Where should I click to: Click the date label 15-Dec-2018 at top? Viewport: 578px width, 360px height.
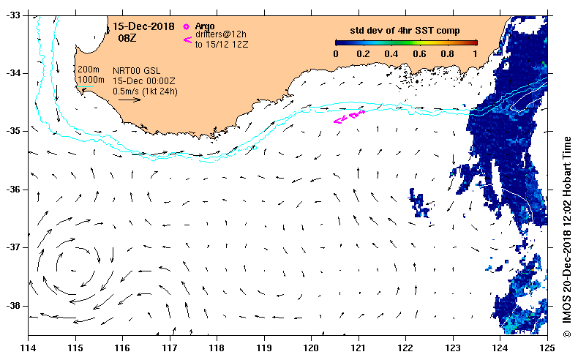click(143, 26)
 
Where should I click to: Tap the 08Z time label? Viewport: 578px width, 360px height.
click(127, 38)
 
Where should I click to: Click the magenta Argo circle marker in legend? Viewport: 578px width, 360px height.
click(186, 26)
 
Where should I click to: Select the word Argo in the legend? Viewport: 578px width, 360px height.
click(205, 26)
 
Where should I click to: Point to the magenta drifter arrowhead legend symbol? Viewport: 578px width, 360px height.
click(187, 40)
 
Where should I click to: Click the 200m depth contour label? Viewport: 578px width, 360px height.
click(88, 70)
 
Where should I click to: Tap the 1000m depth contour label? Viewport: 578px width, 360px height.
click(91, 80)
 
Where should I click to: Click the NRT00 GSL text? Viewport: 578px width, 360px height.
click(136, 71)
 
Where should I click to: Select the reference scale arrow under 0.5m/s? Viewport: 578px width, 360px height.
click(130, 100)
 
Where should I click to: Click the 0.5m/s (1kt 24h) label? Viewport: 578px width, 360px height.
click(145, 91)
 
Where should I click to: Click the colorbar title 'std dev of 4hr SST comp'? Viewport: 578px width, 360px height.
click(405, 31)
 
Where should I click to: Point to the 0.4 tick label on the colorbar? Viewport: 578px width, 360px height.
click(391, 54)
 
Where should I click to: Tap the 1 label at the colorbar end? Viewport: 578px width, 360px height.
click(475, 54)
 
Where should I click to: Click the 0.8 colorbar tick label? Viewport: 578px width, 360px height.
click(447, 54)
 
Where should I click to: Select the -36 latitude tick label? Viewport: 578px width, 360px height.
click(14, 190)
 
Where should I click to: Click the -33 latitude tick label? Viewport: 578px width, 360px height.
click(14, 15)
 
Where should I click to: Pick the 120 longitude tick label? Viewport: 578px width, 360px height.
click(311, 348)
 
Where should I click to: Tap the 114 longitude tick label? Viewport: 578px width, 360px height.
click(28, 348)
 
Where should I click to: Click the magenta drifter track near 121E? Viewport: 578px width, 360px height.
click(349, 116)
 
